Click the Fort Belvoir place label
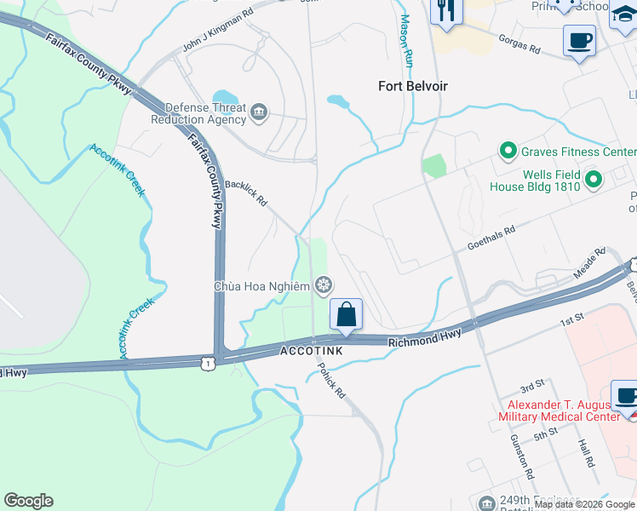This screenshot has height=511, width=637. tap(413, 86)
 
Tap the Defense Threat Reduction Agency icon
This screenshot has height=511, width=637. tap(259, 110)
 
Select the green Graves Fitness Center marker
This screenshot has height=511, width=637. tap(508, 152)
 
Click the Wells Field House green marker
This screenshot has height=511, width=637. tap(594, 179)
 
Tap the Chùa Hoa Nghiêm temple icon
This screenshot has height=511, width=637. tap(323, 285)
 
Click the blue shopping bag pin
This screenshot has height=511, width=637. tap(347, 314)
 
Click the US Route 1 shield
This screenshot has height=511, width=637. tap(207, 363)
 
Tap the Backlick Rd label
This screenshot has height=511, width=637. tap(246, 193)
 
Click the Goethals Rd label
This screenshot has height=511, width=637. tap(491, 238)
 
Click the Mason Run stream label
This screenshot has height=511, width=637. tap(406, 41)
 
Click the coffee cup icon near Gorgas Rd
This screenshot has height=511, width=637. tap(579, 41)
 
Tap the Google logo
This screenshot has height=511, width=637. tap(28, 501)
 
